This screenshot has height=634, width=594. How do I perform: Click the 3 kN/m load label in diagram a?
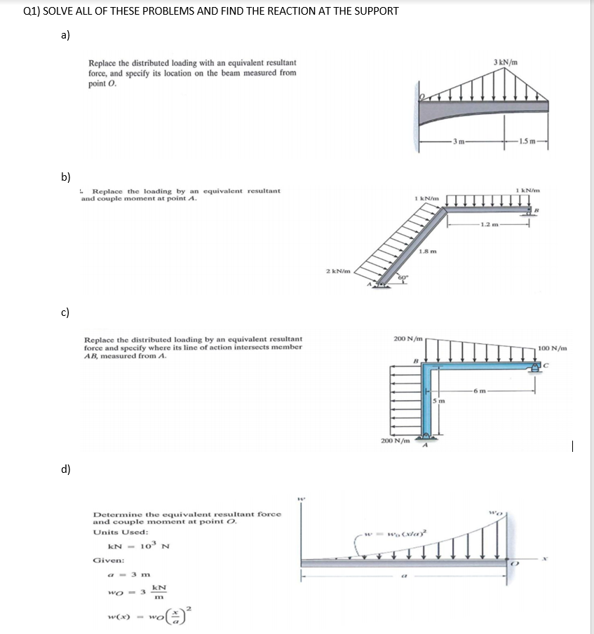pyautogui.click(x=506, y=62)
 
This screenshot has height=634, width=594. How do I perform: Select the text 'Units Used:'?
pyautogui.click(x=116, y=532)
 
